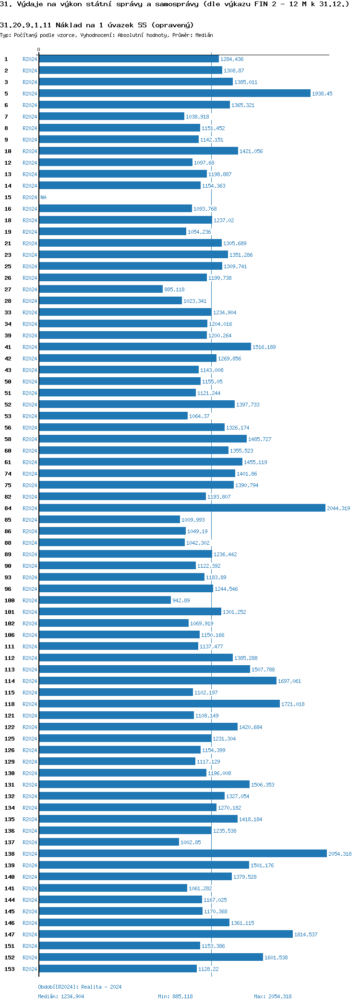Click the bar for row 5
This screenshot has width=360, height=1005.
(x=175, y=94)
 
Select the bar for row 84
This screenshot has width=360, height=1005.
(x=182, y=508)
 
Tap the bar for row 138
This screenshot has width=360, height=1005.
(x=183, y=854)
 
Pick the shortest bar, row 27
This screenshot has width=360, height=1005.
(x=101, y=289)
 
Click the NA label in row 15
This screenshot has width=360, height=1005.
(x=44, y=197)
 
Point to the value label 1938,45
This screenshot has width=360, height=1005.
(x=322, y=94)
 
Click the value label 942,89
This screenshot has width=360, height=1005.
(x=181, y=600)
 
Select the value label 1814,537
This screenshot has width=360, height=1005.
(x=306, y=934)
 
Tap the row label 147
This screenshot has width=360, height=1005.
(x=10, y=934)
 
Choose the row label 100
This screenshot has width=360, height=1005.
(x=10, y=600)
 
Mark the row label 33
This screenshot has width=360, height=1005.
(x=8, y=312)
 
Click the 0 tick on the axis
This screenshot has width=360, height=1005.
(x=39, y=50)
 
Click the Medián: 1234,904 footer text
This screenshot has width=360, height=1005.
(x=61, y=996)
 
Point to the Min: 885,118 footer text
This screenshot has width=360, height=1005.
(x=175, y=996)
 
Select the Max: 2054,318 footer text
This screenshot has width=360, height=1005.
(x=273, y=996)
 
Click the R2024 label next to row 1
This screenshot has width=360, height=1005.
(x=30, y=59)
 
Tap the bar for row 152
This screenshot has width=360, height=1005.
(x=151, y=957)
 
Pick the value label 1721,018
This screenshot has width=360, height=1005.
(x=293, y=704)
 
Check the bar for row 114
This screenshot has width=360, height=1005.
(x=157, y=681)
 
